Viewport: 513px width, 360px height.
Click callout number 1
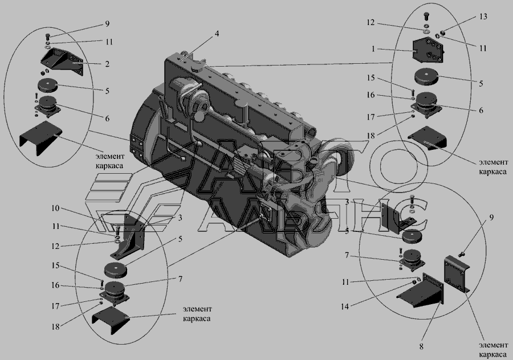[x=373, y=49]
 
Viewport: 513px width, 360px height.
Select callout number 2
[x=107, y=64]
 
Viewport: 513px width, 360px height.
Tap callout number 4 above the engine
[x=217, y=34]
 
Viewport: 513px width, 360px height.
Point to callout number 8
[x=421, y=346]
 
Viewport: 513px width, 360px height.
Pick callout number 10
[x=56, y=208]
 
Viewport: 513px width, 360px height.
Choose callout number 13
[x=483, y=16]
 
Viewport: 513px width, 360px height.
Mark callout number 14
[x=345, y=306]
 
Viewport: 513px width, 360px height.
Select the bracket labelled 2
[x=62, y=62]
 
